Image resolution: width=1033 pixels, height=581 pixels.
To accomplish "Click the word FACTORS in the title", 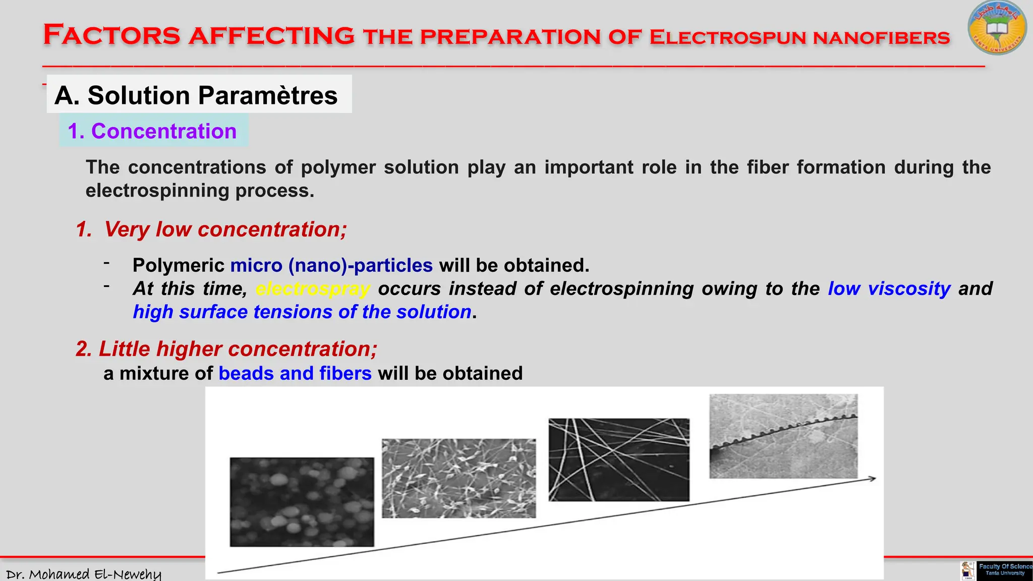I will click(x=111, y=35).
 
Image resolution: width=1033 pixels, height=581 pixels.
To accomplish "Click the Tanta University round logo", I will click(x=997, y=28).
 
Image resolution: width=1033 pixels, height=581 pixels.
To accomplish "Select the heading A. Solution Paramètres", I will click(x=196, y=95).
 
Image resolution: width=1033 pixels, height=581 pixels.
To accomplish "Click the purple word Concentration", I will click(x=163, y=131).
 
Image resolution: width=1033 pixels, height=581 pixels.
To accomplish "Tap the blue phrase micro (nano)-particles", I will click(x=331, y=265).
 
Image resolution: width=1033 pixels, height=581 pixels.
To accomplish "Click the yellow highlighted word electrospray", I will click(x=313, y=289).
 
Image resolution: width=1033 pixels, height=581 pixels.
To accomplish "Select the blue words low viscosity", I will click(x=889, y=288).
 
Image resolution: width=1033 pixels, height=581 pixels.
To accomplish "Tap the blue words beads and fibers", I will click(x=295, y=374).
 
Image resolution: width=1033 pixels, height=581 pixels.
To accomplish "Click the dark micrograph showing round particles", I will click(x=302, y=502).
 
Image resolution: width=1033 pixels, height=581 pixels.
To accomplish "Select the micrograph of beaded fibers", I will click(x=458, y=478).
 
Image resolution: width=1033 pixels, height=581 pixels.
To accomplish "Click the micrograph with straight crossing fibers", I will click(x=619, y=459).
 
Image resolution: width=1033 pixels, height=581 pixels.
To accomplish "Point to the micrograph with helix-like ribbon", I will click(x=783, y=436).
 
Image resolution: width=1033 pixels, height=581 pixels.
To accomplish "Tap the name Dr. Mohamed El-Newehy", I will click(x=83, y=574).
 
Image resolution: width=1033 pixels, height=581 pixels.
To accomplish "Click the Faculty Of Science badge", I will click(x=1004, y=570).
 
